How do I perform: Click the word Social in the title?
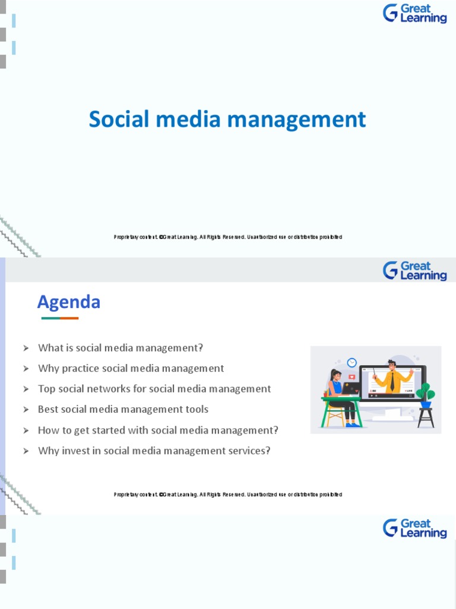pyautogui.click(x=116, y=120)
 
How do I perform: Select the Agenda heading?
pyautogui.click(x=69, y=302)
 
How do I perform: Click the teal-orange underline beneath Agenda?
pyautogui.click(x=60, y=318)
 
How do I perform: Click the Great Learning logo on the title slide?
pyautogui.click(x=415, y=13)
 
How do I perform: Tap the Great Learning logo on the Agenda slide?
pyautogui.click(x=415, y=271)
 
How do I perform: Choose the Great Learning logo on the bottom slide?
pyautogui.click(x=415, y=528)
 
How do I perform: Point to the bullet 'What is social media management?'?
pyautogui.click(x=121, y=348)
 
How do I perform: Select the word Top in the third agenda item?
pyautogui.click(x=46, y=389)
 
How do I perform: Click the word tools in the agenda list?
pyautogui.click(x=197, y=409)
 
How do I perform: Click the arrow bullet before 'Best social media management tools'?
pyautogui.click(x=26, y=410)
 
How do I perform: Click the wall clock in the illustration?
pyautogui.click(x=351, y=362)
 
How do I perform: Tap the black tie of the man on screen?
pyautogui.click(x=392, y=382)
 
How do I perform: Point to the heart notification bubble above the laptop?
pyautogui.click(x=351, y=377)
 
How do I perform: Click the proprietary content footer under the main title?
pyautogui.click(x=228, y=237)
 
